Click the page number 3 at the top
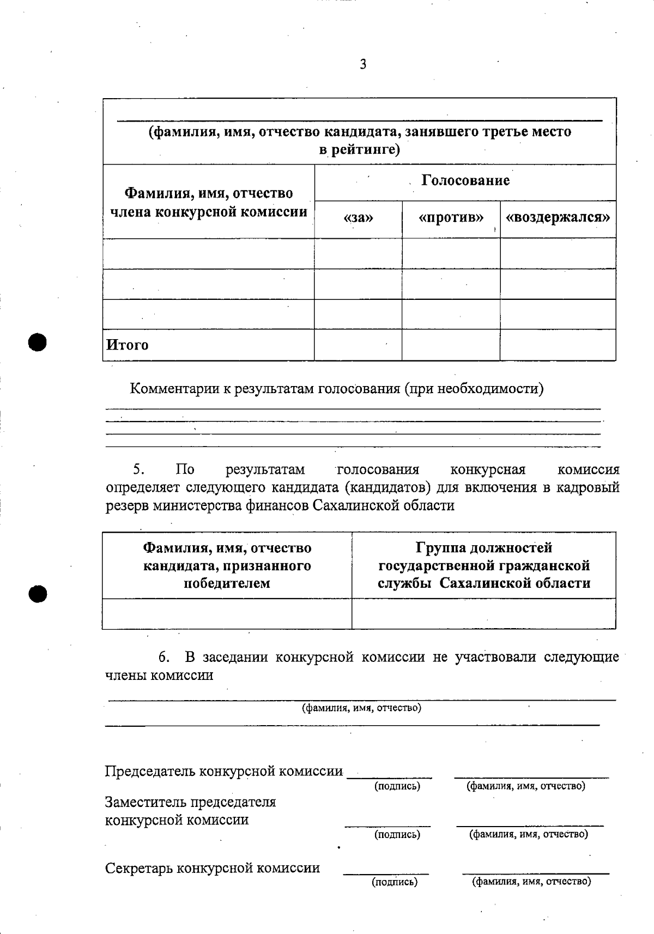[x=363, y=65]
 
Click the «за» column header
[x=359, y=218]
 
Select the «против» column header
[x=451, y=218]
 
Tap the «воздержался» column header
[x=558, y=218]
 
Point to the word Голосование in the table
[x=465, y=180]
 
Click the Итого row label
[x=127, y=345]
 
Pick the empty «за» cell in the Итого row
[x=358, y=345]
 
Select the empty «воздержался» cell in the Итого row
[x=558, y=345]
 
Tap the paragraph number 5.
[x=138, y=469]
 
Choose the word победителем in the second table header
[x=227, y=583]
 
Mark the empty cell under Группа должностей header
[x=484, y=614]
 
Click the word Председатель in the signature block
[x=150, y=772]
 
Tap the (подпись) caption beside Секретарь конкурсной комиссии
[x=395, y=882]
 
